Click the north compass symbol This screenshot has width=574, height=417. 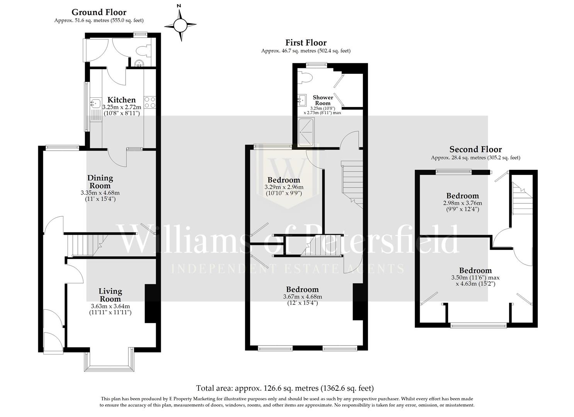tap(180, 25)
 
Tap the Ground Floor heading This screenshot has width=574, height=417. tap(99, 12)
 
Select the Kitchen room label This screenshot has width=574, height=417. tap(121, 100)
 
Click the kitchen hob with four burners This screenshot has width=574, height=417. tap(150, 102)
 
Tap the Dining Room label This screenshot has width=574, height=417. tap(100, 181)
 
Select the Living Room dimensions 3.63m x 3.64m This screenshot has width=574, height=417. tap(110, 306)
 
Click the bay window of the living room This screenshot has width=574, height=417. tap(109, 361)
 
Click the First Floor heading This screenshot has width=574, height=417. tap(306, 43)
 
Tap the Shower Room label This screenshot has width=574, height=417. tap(323, 100)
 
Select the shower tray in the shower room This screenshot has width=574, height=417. tap(307, 132)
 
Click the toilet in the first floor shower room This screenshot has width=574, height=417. tap(307, 77)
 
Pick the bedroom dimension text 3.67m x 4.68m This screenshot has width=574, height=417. tap(302, 297)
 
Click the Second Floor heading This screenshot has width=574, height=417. tap(475, 149)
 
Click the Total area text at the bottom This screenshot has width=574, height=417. tap(285, 388)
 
